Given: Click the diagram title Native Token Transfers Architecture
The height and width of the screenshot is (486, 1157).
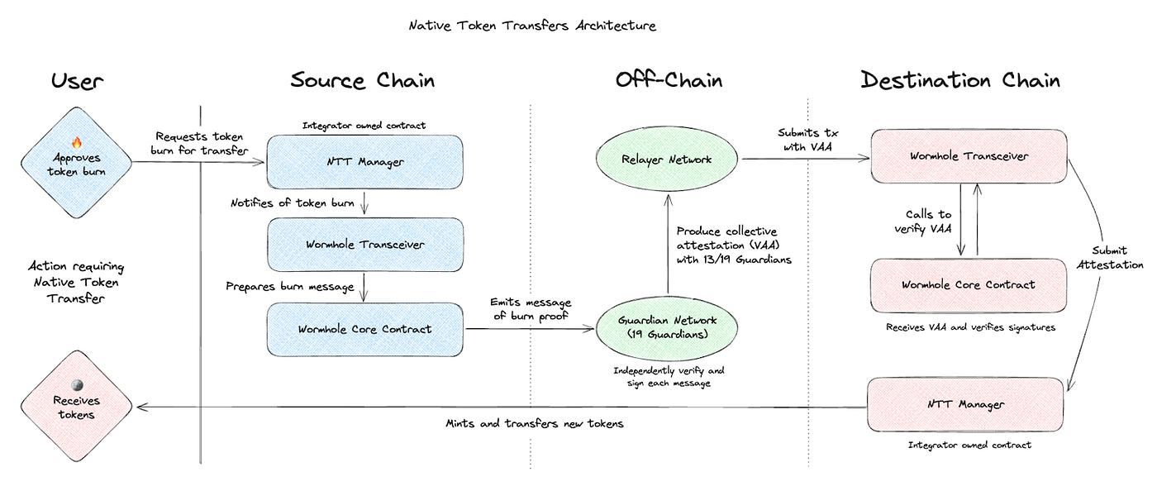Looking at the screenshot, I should click(x=532, y=26).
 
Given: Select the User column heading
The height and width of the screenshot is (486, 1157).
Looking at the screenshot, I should click(x=78, y=80).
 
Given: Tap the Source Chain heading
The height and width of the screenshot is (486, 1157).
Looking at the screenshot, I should click(x=362, y=80).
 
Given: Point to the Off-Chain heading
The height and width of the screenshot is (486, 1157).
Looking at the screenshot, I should click(x=669, y=80).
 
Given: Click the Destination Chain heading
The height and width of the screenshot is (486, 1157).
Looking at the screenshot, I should click(x=959, y=80).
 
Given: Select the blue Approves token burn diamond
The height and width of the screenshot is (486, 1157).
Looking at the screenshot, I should click(x=76, y=161).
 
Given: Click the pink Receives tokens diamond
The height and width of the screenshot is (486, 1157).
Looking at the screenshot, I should click(x=76, y=407).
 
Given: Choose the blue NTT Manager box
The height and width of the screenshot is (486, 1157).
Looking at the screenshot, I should click(x=364, y=161).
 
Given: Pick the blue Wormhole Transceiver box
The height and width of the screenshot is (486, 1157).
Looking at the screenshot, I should click(x=364, y=245).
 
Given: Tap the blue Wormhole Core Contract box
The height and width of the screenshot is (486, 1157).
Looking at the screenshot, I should click(x=364, y=329).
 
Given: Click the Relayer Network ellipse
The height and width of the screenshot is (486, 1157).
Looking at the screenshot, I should click(x=668, y=159).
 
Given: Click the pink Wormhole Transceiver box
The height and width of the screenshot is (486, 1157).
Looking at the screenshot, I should click(x=968, y=155).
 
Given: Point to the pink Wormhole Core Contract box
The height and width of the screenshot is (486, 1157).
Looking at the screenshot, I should click(x=968, y=285).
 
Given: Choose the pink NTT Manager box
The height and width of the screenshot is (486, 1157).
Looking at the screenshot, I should click(x=965, y=405).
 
